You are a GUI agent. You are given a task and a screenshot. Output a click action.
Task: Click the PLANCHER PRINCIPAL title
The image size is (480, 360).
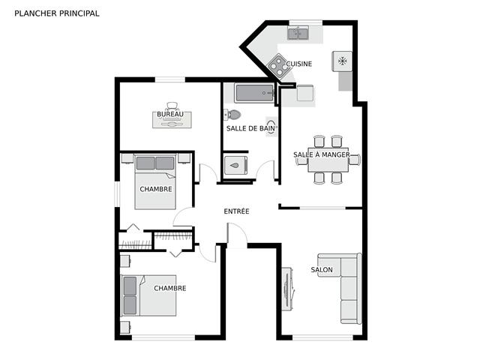(x=57, y=13)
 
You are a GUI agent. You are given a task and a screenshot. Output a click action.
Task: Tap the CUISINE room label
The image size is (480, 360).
(x=299, y=64)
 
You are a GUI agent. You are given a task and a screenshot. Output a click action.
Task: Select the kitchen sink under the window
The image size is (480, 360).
(x=298, y=32)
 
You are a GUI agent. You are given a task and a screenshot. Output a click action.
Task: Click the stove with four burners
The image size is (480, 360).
(x=279, y=65)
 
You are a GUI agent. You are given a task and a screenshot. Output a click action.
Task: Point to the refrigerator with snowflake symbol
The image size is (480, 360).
(x=342, y=61)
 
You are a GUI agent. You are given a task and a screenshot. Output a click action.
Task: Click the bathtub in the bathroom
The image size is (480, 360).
(x=254, y=93)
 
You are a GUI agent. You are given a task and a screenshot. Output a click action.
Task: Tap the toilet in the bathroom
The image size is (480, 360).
(x=232, y=115)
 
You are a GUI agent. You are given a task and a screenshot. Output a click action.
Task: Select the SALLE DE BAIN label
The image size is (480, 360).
(x=251, y=128)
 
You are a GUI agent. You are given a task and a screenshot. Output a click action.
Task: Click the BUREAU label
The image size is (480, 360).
(x=170, y=114)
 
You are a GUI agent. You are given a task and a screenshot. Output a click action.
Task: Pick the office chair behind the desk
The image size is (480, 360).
(x=172, y=106)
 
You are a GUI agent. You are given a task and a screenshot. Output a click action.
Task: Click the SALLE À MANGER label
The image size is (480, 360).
(x=322, y=155)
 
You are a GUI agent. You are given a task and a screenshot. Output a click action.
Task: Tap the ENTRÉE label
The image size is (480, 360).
(x=237, y=211)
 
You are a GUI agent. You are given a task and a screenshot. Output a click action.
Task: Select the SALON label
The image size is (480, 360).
(x=322, y=270)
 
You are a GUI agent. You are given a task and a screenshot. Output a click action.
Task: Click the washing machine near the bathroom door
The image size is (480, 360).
(x=235, y=165)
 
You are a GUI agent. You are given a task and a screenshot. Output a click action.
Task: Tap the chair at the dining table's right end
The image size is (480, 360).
(x=355, y=160)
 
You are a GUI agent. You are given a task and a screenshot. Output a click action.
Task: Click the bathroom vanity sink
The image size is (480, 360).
(x=271, y=126)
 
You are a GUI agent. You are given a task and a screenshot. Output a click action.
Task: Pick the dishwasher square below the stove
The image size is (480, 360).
(x=305, y=92)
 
